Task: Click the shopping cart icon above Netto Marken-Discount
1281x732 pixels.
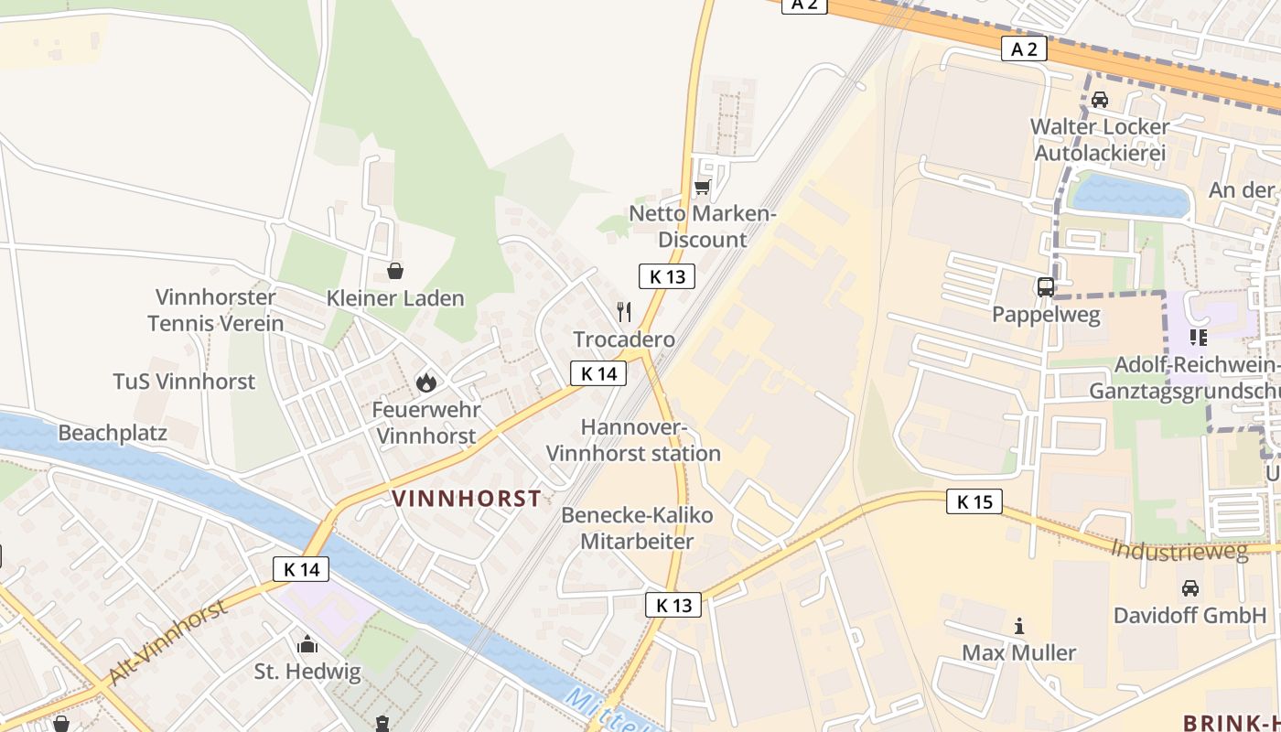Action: click(702, 188)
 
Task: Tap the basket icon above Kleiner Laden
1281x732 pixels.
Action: click(395, 271)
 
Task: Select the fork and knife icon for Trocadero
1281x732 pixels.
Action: click(624, 312)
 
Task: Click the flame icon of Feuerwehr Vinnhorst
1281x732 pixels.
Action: click(425, 382)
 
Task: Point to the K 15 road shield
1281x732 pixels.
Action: click(974, 501)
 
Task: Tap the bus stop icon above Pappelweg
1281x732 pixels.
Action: click(1046, 287)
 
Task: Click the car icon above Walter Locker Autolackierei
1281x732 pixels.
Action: click(1100, 99)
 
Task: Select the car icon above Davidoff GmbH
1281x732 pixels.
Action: click(1190, 587)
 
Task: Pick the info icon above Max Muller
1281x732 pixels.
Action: click(1019, 626)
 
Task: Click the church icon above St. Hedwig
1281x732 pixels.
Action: click(307, 644)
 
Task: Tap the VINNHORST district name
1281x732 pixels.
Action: click(467, 499)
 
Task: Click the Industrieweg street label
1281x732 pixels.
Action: click(1179, 551)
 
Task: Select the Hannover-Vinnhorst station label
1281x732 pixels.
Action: click(633, 440)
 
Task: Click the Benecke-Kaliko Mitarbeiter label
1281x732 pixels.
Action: click(637, 528)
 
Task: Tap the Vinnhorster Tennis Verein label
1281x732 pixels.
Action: click(216, 310)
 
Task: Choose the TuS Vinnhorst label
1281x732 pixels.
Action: click(184, 382)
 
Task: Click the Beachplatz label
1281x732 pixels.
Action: click(113, 432)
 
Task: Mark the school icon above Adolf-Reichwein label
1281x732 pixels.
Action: click(1198, 338)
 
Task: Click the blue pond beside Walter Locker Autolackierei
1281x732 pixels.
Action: click(1131, 195)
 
